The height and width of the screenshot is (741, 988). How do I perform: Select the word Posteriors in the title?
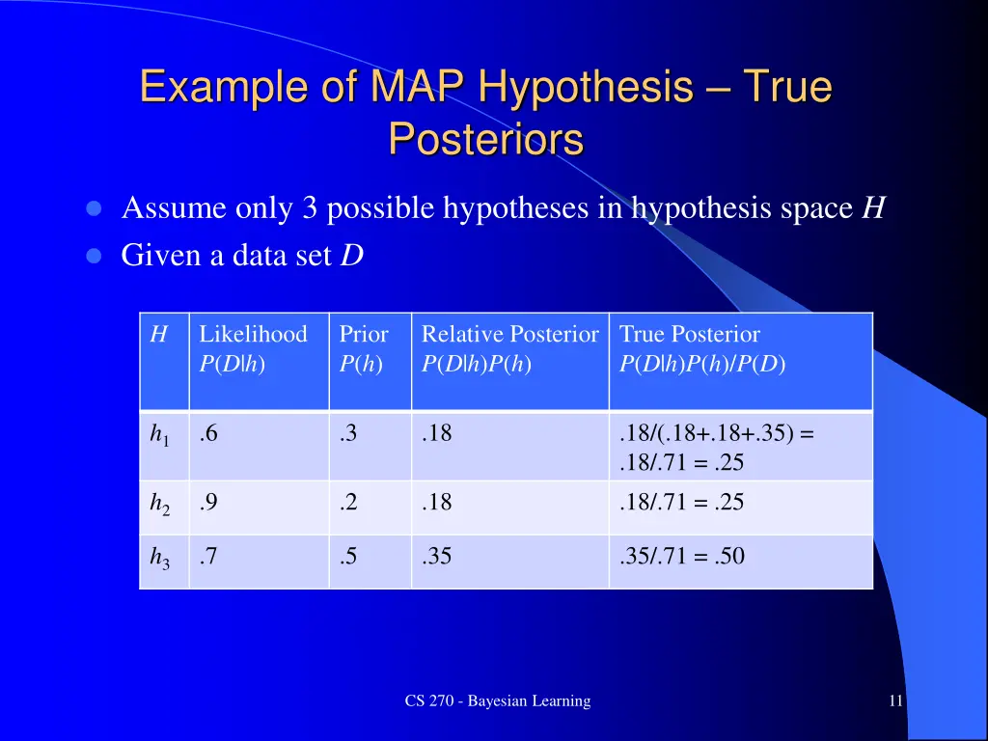(485, 140)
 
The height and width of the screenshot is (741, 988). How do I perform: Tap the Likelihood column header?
(253, 335)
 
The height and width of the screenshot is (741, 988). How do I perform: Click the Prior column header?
(364, 335)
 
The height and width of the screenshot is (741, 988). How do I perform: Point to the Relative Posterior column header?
(509, 335)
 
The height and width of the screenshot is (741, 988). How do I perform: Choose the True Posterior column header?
(689, 335)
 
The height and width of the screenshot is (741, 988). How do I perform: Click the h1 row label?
(159, 436)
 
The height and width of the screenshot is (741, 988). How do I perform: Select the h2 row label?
(159, 504)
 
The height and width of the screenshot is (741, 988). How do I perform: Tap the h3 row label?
(159, 558)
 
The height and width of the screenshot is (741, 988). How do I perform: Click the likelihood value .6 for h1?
(208, 434)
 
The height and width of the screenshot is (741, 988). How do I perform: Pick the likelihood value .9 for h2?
(208, 502)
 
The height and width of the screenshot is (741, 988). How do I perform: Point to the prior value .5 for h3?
(348, 556)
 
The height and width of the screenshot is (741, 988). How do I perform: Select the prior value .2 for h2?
(348, 502)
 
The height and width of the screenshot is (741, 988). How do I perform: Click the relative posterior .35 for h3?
(436, 556)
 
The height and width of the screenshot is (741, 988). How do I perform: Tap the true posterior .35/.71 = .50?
(681, 556)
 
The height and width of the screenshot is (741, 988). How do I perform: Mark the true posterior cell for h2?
(681, 502)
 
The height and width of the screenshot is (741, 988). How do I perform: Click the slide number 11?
(895, 701)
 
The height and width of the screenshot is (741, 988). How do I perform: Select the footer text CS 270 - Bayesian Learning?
(497, 701)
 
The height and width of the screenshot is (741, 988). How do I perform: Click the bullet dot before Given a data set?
(94, 257)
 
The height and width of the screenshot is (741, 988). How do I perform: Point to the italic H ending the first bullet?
(873, 208)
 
